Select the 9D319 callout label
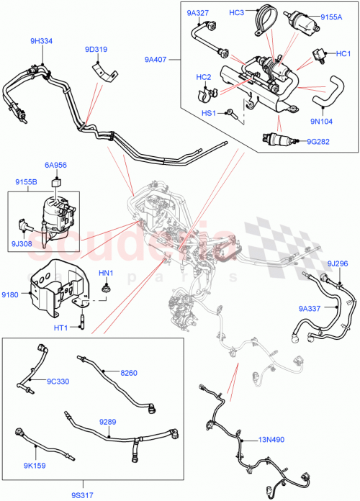pyautogui.click(x=95, y=50)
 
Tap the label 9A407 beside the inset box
pyautogui.click(x=156, y=60)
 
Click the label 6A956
pyautogui.click(x=55, y=165)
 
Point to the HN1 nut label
pyautogui.click(x=107, y=272)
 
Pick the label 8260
pyautogui.click(x=129, y=373)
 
